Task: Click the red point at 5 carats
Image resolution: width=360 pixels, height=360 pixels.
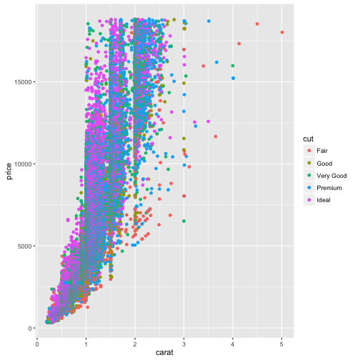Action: pos(282,32)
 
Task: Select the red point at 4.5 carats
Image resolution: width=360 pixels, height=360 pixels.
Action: pos(257,24)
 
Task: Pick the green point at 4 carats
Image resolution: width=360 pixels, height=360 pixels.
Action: pos(233,66)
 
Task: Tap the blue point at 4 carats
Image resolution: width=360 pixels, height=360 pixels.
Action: pos(233,78)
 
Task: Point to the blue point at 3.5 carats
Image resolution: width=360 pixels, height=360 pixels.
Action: pos(209,21)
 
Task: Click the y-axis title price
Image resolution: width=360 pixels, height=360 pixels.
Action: pos(9,171)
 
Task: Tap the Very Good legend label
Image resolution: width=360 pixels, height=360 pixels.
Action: pos(331,175)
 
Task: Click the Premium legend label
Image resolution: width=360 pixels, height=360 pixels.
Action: pos(329,187)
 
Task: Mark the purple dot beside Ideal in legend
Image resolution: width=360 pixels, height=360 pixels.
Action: pos(308,199)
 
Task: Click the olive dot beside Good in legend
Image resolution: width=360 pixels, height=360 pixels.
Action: pos(308,163)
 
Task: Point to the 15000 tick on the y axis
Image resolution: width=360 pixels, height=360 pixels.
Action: pos(21,81)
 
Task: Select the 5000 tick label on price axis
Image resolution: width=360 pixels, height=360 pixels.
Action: pos(23,246)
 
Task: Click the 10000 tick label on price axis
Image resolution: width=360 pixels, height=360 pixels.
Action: pos(21,164)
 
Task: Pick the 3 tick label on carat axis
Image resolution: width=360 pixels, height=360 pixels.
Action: pos(184,342)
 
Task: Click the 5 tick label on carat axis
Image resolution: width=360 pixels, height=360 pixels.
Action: pos(282,342)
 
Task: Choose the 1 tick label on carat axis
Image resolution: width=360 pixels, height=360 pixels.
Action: pos(86,342)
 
